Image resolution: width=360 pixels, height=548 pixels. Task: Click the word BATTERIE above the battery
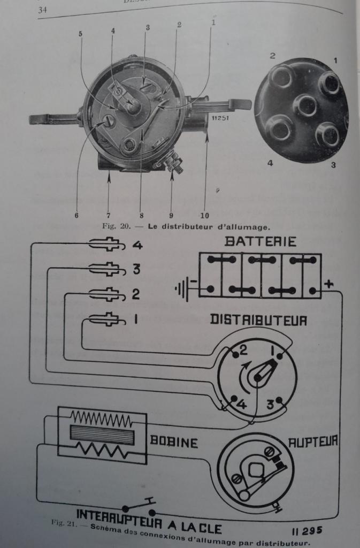tap(261, 241)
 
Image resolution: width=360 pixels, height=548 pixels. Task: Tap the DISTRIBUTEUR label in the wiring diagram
tap(258, 320)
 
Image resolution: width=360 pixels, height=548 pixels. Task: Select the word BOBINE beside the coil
tap(174, 442)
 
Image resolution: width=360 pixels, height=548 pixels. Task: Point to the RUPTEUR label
tap(313, 441)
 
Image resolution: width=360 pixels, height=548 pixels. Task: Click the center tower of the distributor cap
tap(305, 105)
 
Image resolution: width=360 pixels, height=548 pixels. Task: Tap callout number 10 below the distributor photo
tap(204, 216)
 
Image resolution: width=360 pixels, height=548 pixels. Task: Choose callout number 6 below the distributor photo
tap(76, 216)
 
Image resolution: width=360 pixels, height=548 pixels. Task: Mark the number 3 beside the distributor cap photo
tap(333, 165)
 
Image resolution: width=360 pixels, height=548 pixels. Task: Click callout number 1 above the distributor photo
tap(213, 23)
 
